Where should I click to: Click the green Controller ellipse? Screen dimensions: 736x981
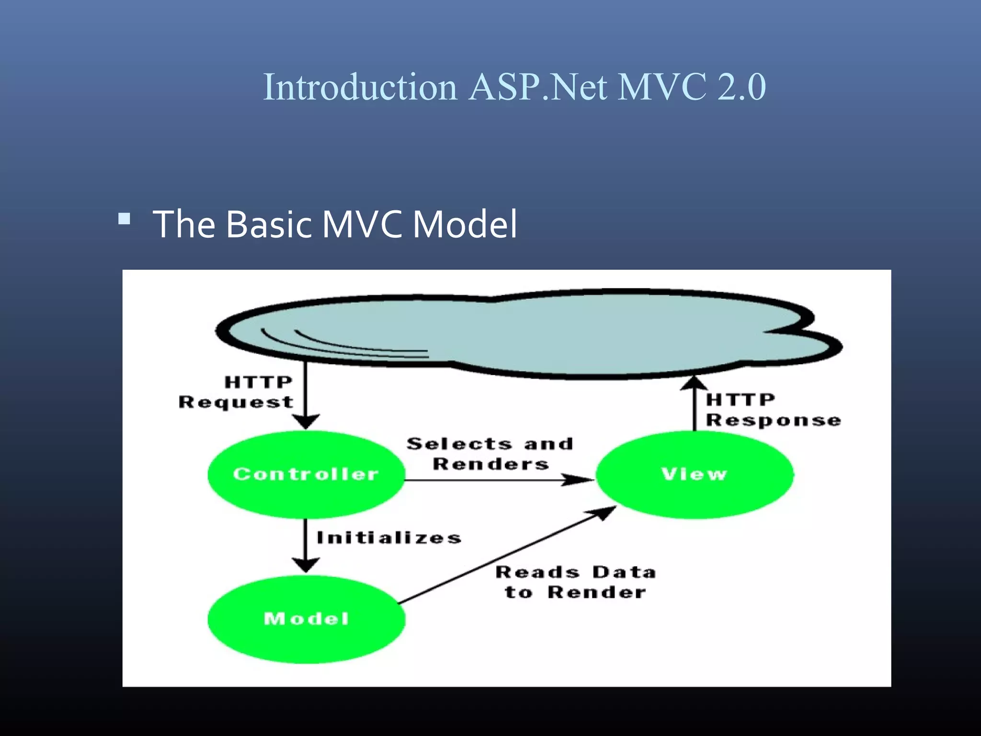point(306,498)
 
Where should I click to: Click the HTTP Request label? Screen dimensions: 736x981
point(236,392)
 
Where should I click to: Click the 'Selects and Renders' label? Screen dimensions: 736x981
point(490,454)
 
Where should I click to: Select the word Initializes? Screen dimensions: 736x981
point(388,538)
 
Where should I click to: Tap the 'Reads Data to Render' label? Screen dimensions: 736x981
point(575,582)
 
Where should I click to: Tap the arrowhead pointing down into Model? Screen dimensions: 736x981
point(306,564)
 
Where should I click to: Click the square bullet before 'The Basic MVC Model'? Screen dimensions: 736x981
point(124,219)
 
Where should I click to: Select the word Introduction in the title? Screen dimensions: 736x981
point(360,87)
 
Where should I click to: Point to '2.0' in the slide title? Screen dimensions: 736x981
point(741,87)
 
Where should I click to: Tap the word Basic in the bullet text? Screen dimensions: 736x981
point(269,224)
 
